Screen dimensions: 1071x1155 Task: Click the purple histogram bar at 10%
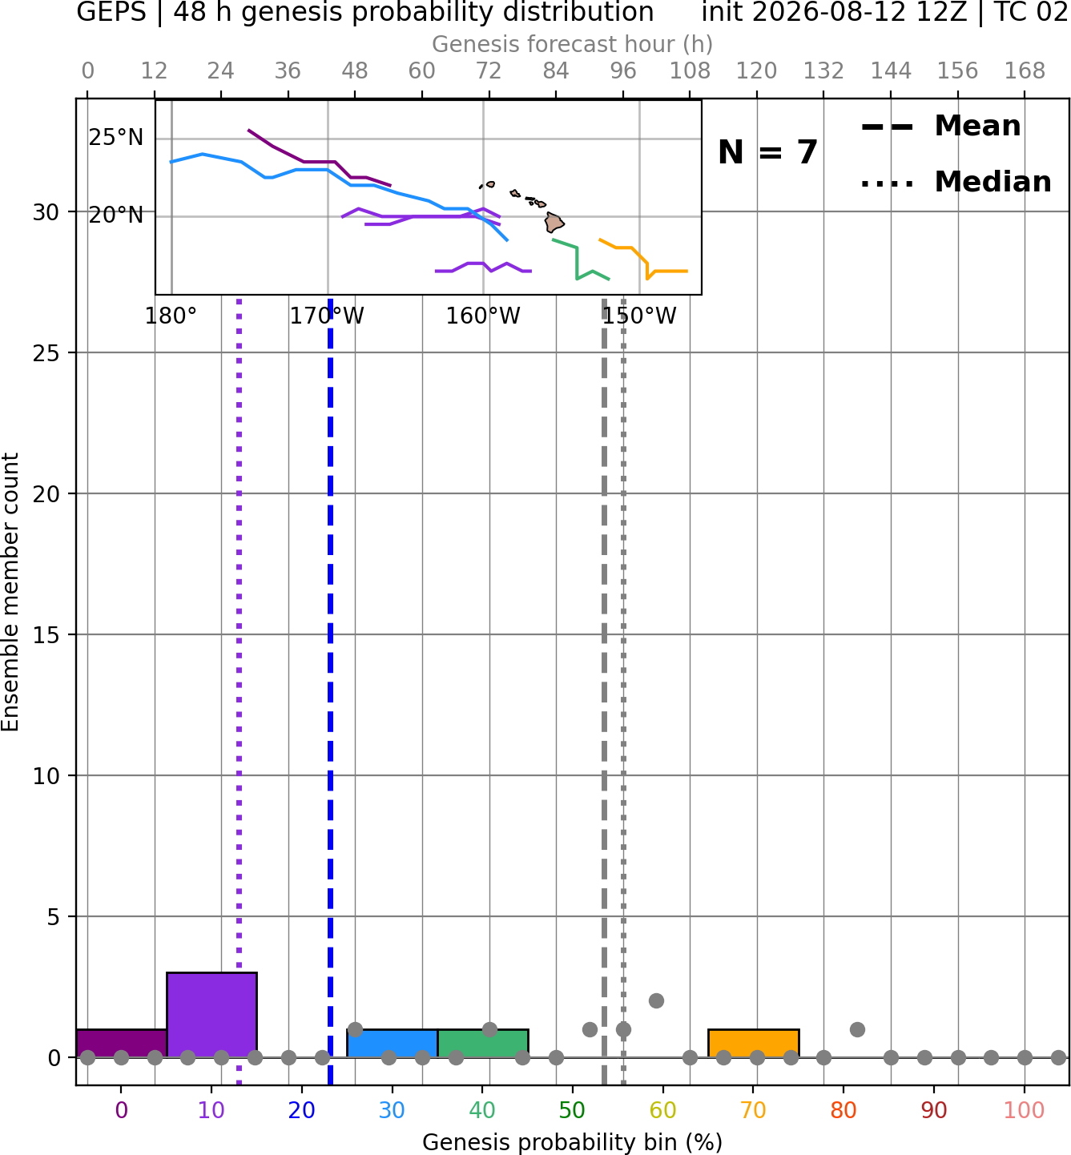point(211,1014)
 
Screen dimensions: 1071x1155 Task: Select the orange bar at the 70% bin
point(753,1044)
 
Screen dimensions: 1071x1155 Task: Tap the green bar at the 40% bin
point(483,1044)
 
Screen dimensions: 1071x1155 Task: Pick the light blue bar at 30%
point(392,1044)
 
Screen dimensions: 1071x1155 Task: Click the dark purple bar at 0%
point(122,1044)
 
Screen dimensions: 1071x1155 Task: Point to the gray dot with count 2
point(656,1000)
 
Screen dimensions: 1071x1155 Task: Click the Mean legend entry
point(940,126)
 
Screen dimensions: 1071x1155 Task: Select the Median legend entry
point(956,182)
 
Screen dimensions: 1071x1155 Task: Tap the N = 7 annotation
point(768,152)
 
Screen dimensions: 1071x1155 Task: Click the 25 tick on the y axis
point(46,353)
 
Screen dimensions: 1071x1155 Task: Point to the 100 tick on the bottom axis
point(1024,1109)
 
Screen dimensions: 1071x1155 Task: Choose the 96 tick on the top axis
point(623,71)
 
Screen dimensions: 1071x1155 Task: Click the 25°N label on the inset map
point(116,138)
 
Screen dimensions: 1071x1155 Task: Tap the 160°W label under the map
point(483,316)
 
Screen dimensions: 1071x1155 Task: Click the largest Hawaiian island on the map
point(554,222)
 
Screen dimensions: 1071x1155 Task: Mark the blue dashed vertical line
point(331,692)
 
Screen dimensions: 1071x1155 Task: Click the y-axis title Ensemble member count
point(10,592)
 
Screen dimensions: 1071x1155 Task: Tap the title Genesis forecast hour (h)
point(573,44)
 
